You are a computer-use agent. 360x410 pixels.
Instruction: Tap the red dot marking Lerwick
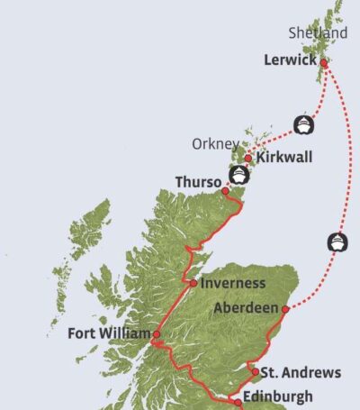point(323,63)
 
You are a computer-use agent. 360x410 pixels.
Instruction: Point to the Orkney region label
point(214,143)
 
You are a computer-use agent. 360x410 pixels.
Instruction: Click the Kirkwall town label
point(284,158)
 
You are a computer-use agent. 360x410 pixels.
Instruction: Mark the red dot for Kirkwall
point(248,159)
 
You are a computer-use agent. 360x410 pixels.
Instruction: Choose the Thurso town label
point(198,182)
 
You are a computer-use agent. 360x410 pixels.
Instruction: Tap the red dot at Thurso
point(225,190)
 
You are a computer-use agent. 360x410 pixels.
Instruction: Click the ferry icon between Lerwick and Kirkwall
point(303,123)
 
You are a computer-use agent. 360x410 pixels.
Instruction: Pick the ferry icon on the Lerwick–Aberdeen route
point(336,241)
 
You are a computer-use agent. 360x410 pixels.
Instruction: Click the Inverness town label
point(233,283)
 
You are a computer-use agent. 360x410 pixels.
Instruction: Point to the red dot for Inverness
point(193,283)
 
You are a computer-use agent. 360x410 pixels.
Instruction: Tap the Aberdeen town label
point(246,308)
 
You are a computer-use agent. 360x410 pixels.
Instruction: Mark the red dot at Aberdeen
point(285,309)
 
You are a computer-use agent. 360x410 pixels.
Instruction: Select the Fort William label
point(109,333)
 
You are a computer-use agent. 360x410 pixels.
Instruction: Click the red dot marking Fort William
point(157,334)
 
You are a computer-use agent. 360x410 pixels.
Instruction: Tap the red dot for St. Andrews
point(255,371)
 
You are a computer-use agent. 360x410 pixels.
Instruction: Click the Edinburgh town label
point(278,396)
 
